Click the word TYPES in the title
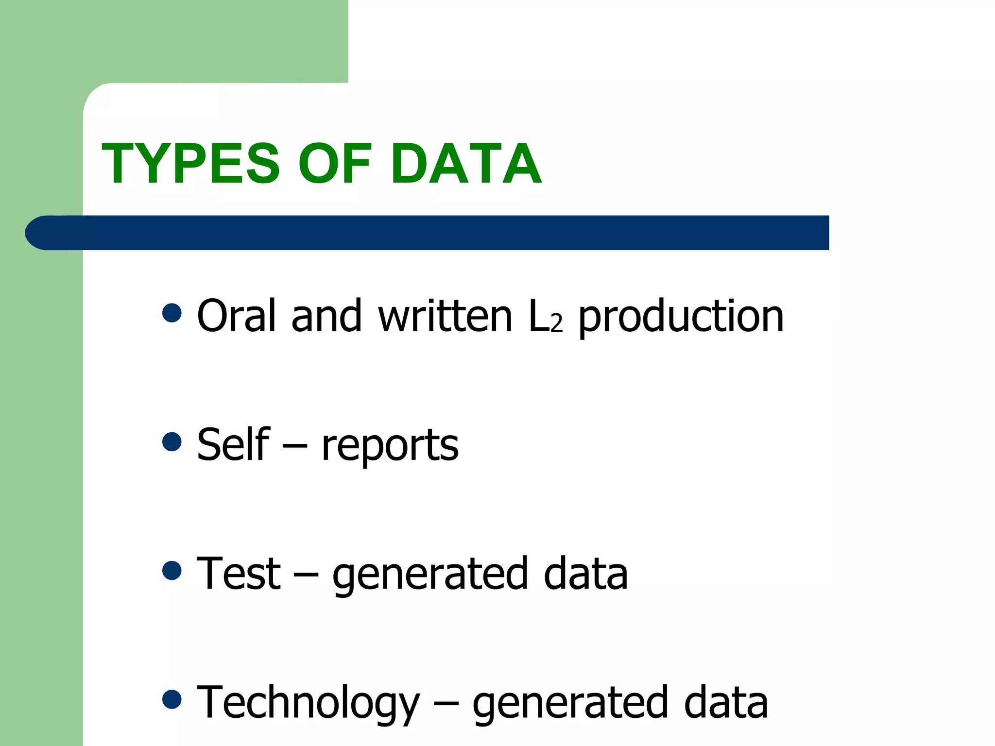tap(190, 164)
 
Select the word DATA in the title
tap(466, 164)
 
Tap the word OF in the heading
tap(335, 164)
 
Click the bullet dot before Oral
tap(172, 313)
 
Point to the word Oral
tap(237, 316)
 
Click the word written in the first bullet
tap(445, 316)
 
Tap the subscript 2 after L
tap(557, 323)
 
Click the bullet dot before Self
tap(172, 442)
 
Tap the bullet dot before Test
tap(172, 571)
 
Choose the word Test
tap(239, 574)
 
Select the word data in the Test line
tap(585, 574)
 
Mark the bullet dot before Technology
tap(172, 700)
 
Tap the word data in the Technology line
tap(726, 702)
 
